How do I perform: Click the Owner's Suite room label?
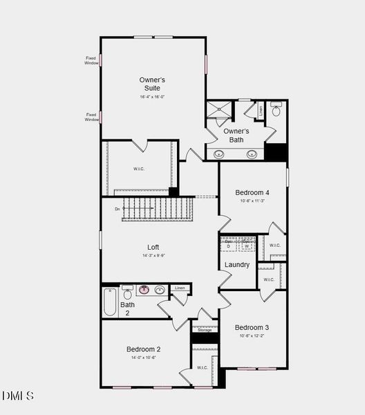[153, 84]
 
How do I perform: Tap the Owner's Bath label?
[236, 136]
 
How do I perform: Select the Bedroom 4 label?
[252, 192]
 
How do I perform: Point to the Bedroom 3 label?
[252, 327]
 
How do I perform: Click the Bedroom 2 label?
[144, 349]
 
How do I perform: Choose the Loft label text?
[153, 247]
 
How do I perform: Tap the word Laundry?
[237, 265]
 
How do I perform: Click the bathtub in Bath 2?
[111, 302]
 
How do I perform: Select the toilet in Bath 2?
[127, 293]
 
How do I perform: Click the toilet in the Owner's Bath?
[277, 110]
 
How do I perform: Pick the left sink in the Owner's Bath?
[220, 154]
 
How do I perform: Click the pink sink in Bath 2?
[144, 290]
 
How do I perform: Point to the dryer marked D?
[228, 244]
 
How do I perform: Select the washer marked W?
[247, 244]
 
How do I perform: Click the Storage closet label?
[205, 330]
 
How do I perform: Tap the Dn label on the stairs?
[118, 208]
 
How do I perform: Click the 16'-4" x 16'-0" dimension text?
[153, 98]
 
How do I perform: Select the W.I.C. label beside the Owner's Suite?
[139, 169]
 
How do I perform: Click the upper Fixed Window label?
[91, 60]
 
